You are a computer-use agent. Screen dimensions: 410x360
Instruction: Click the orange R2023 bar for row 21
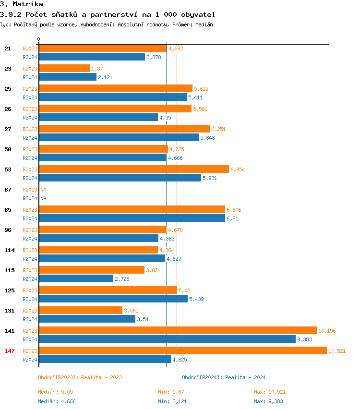[x=102, y=48]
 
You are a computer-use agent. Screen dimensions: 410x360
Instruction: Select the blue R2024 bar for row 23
[x=68, y=77]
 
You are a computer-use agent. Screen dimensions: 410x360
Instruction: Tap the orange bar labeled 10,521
[x=182, y=351]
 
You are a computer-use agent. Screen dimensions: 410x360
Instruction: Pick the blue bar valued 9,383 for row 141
[x=167, y=339]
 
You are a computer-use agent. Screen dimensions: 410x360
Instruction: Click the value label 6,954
[x=238, y=169]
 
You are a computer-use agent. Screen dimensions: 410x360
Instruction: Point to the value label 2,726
[x=122, y=279]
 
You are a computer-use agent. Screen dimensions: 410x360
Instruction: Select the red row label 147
[x=10, y=351]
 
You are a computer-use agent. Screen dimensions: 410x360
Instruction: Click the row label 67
[x=8, y=190]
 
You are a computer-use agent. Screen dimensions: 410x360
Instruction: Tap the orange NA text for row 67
[x=43, y=190]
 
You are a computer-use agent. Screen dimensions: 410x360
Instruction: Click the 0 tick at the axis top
[x=39, y=39]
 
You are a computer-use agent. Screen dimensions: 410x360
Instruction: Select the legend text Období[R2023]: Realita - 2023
[x=80, y=377]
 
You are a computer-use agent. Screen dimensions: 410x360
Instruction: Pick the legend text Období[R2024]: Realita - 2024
[x=224, y=377]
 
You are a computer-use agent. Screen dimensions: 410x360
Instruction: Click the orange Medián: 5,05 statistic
[x=56, y=392]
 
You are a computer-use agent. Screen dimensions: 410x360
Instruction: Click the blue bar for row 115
[x=76, y=279]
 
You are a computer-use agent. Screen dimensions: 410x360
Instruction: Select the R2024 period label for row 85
[x=30, y=218]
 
